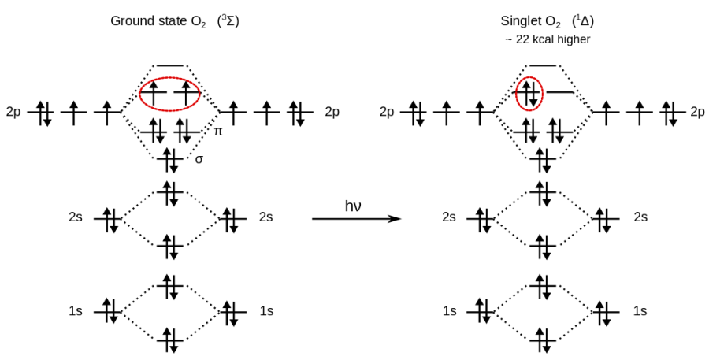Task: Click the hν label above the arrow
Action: tap(353, 206)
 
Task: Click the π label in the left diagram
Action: tap(218, 132)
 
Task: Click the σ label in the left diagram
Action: tap(199, 159)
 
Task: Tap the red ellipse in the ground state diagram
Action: tap(170, 95)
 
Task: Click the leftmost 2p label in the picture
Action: tap(13, 112)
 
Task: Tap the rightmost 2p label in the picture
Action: tap(696, 112)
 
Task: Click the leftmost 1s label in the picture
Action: tap(76, 311)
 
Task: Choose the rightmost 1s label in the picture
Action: tap(640, 311)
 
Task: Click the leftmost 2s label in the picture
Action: tap(76, 217)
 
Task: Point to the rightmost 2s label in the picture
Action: tap(640, 217)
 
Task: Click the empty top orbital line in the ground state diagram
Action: tap(170, 65)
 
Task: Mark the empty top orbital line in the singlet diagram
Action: tap(543, 65)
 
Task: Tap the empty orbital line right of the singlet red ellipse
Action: tap(561, 93)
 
